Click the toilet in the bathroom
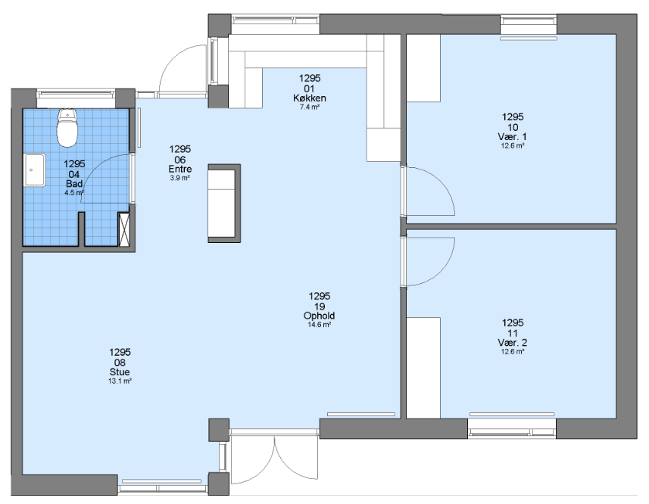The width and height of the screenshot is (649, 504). point(67,127)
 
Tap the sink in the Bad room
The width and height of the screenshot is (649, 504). point(35,170)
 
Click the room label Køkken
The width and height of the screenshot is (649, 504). point(310,98)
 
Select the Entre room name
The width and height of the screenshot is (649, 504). point(180,169)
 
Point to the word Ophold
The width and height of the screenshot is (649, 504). point(319,316)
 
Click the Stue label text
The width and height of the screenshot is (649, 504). point(120,372)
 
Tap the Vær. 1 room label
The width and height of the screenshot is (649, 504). point(513,136)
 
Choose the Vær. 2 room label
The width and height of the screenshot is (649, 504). point(513,342)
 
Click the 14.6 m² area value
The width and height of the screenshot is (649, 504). point(319,325)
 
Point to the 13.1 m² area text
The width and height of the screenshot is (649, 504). point(120,381)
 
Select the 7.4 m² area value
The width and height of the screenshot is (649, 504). point(310,107)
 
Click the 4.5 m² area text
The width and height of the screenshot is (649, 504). point(74,193)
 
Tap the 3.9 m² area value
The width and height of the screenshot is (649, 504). point(180,178)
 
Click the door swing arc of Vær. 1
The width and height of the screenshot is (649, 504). point(442,181)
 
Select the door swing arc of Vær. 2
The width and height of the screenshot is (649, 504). point(442,271)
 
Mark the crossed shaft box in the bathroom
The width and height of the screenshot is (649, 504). point(124,229)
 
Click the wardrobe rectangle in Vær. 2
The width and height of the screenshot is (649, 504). point(423,368)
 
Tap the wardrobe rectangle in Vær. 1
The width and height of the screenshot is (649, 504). point(423,68)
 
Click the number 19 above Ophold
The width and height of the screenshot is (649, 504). point(319,306)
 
